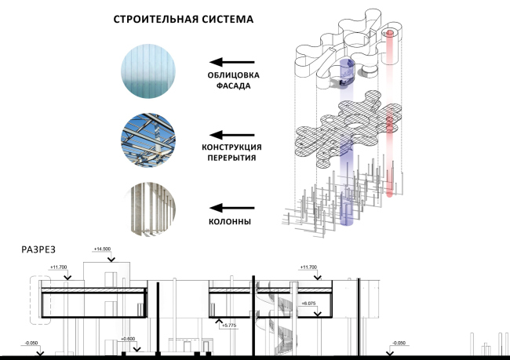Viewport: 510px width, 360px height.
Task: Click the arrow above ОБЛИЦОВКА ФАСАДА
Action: [232, 62]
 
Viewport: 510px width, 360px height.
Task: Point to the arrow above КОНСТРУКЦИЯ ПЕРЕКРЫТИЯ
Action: [232, 135]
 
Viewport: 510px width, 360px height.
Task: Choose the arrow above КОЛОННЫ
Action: [232, 208]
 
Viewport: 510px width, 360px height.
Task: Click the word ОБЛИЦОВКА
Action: [232, 76]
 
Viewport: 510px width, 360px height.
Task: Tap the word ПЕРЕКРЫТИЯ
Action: [232, 159]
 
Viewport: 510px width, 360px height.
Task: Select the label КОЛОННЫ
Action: [232, 222]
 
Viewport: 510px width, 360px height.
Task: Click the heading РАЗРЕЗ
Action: [37, 252]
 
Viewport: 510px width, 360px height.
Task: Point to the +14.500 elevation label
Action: [103, 249]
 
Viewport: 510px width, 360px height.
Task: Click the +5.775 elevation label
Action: [228, 324]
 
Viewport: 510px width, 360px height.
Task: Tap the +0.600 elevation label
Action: [128, 338]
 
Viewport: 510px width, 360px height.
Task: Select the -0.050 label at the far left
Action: [31, 343]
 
